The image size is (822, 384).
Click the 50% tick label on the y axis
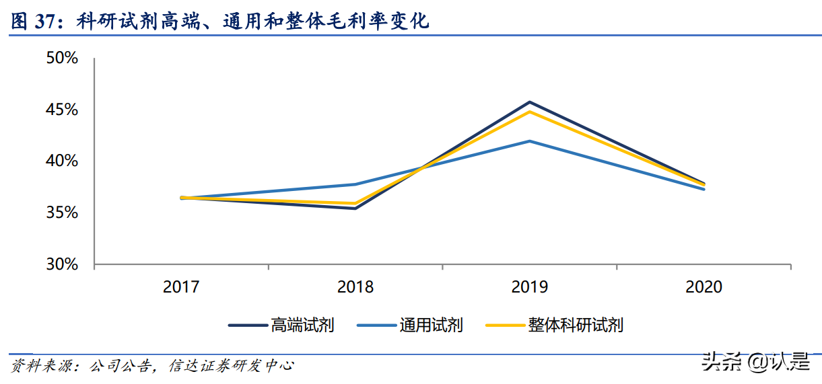(63, 59)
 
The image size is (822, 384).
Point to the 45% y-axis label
(63, 110)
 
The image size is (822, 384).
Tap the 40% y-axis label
(63, 161)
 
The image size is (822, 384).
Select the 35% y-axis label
(63, 213)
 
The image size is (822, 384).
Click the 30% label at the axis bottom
(63, 265)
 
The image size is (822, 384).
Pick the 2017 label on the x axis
(181, 288)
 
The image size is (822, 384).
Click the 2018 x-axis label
(355, 288)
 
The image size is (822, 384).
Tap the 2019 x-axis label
(530, 288)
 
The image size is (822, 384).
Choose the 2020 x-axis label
(704, 288)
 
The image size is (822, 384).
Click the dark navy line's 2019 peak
(530, 102)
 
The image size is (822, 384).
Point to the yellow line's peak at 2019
(530, 112)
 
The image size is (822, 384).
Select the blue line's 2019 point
(530, 141)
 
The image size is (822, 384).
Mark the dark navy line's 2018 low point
(355, 208)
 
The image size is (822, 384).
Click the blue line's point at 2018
(355, 184)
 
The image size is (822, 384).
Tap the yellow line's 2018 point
(355, 203)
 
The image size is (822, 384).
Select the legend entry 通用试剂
(431, 325)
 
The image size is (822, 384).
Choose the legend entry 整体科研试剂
(576, 325)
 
